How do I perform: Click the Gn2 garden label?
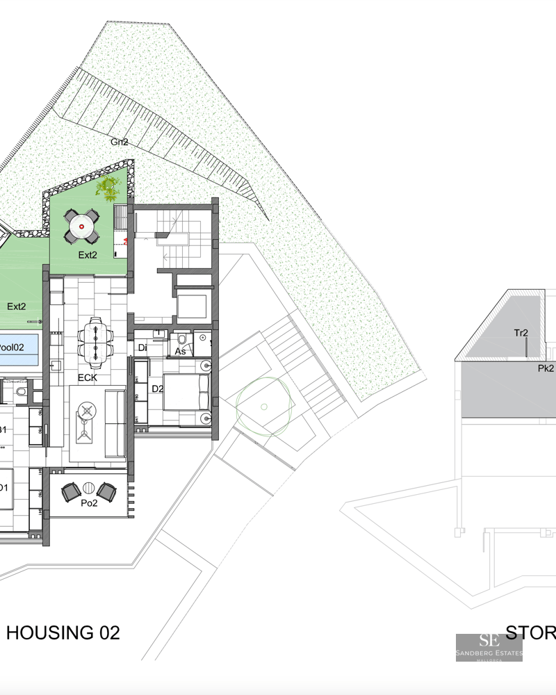120,142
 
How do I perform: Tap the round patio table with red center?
81,226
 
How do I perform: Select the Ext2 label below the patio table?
88,255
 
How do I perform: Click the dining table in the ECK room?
95,340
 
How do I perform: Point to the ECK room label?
87,379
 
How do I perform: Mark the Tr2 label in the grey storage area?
521,333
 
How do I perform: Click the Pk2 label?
546,368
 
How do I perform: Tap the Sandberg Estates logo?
489,647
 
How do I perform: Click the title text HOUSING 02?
63,632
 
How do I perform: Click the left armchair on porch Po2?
72,492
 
